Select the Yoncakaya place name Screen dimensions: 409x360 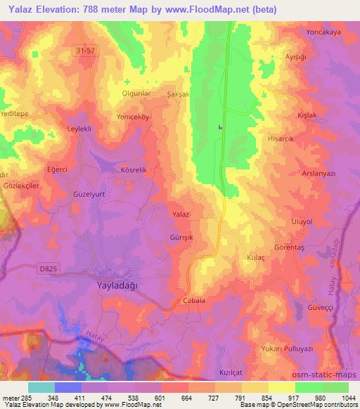coord(323,32)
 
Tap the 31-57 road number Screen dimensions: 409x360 coord(85,50)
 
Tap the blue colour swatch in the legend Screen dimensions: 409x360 coord(68,387)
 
